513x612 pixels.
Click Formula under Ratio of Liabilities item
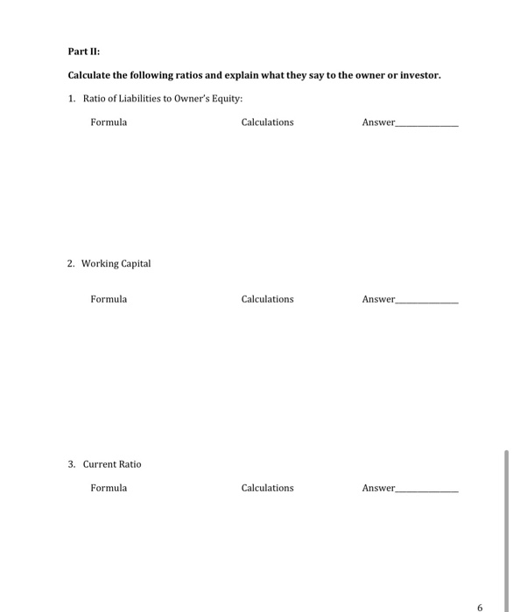tap(109, 122)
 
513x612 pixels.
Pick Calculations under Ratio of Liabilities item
tap(267, 122)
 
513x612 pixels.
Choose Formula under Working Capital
tap(109, 299)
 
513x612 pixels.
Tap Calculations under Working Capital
tap(267, 299)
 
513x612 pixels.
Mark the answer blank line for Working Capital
tap(427, 303)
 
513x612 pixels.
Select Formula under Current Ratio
tap(109, 488)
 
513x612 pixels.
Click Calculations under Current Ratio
tap(267, 488)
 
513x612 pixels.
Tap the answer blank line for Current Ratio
tap(427, 491)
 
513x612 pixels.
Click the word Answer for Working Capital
tap(378, 299)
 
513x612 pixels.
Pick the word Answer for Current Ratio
tap(378, 488)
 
